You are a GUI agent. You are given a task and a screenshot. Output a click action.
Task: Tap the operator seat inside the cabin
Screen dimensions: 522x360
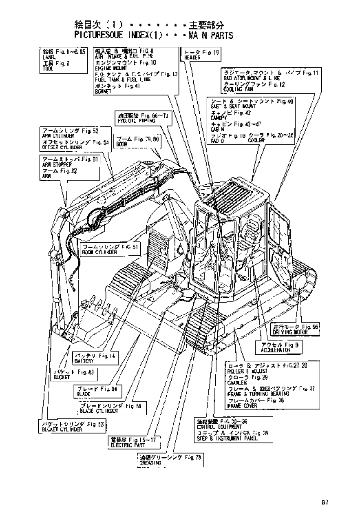[248, 230]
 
